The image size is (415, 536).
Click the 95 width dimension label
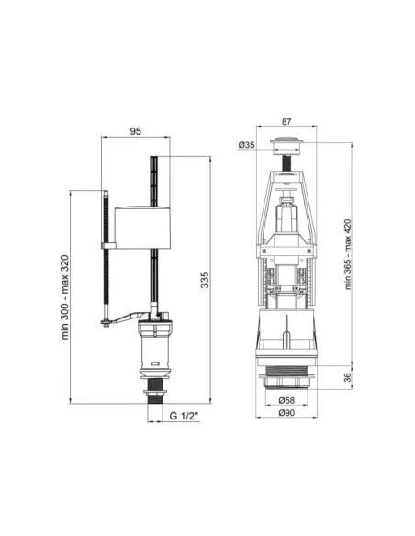tap(135, 132)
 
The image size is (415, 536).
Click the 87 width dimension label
tap(286, 120)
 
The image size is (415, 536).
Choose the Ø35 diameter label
tap(245, 144)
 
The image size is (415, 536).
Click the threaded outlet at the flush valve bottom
tap(287, 376)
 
